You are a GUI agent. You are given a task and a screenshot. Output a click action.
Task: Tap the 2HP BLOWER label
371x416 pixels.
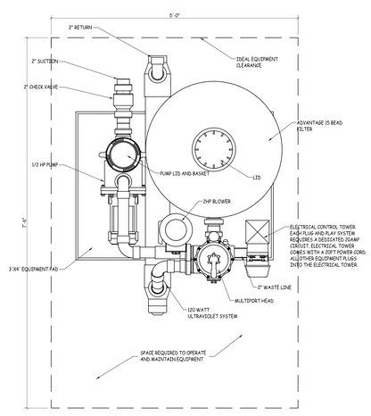(x=215, y=202)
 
